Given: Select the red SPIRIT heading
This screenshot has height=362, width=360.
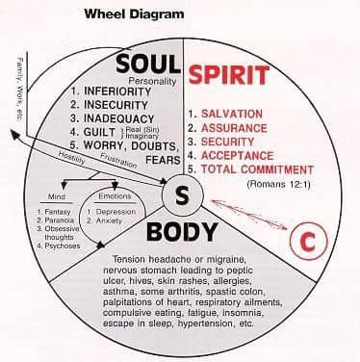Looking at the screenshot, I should click(x=228, y=74).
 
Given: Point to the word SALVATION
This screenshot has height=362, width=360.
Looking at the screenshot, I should click(x=242, y=114).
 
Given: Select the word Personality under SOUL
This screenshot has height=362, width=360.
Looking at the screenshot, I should click(x=157, y=81).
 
